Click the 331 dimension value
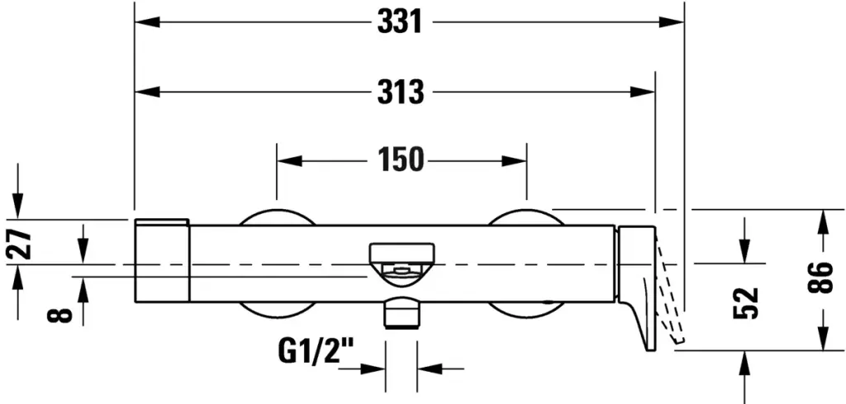coord(399,22)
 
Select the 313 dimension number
coord(401,93)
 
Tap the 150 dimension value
coord(401,160)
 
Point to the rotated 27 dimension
coord(20,243)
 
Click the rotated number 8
coord(59,315)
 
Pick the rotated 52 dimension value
coord(746,302)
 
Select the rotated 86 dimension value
coord(820,278)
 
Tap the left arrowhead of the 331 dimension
coord(147,22)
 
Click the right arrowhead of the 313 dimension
coord(642,92)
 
